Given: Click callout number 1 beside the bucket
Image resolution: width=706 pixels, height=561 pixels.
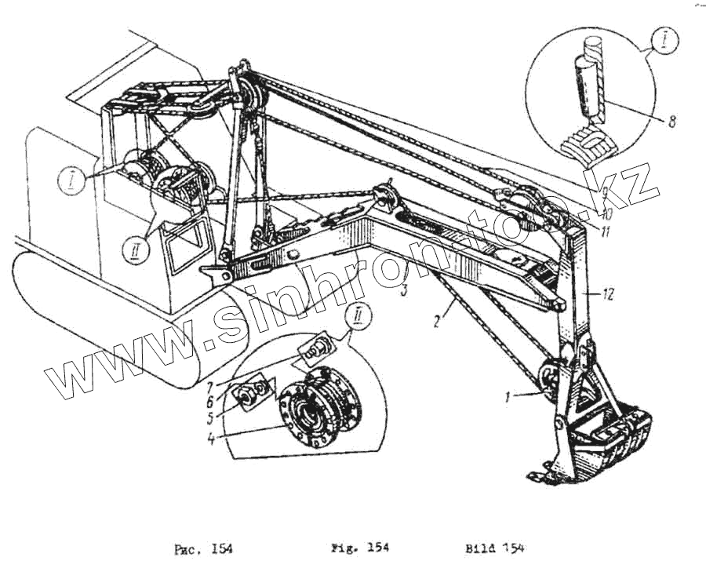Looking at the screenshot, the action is pos(509,398).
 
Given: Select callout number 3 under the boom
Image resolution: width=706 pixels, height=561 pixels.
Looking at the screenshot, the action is pos(404,290).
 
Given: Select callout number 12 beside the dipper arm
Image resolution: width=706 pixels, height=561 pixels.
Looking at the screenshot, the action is pos(609,293).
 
